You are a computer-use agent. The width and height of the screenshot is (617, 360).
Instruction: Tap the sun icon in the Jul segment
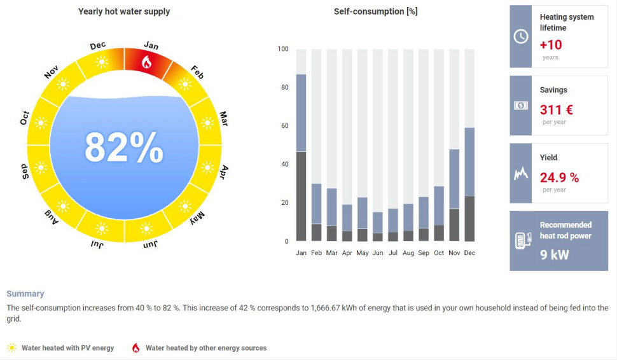coord(102,228)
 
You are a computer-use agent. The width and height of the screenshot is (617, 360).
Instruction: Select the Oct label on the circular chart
coord(25,118)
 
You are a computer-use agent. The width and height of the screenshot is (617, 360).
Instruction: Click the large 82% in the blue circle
coord(124,148)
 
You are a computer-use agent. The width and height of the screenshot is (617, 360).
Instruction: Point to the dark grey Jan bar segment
coord(301,196)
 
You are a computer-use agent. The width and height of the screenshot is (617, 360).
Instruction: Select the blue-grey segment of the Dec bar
coord(469,162)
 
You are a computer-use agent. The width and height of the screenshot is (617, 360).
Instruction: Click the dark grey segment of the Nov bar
coord(454,225)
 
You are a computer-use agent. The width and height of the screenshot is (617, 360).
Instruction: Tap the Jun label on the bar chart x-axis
coord(378,253)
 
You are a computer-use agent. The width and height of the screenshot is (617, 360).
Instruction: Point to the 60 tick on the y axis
coord(284,126)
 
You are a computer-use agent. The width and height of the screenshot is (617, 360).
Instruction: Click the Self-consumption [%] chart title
coord(375,11)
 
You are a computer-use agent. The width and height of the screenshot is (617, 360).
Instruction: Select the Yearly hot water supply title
coord(124,11)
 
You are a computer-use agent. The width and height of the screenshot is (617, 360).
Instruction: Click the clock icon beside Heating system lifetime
coord(520,36)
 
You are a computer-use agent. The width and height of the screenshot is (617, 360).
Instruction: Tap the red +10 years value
coord(551,45)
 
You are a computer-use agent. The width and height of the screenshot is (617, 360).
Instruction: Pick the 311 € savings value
coord(556,109)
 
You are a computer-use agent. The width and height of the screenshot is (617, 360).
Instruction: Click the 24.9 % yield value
coord(559,177)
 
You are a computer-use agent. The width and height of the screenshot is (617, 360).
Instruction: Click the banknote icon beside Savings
coord(520,106)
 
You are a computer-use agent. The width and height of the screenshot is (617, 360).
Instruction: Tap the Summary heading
coord(25,294)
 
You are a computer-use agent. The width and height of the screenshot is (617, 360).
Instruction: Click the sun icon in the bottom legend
coord(11,348)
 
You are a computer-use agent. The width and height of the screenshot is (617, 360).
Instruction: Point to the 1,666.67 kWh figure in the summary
coord(334,308)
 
